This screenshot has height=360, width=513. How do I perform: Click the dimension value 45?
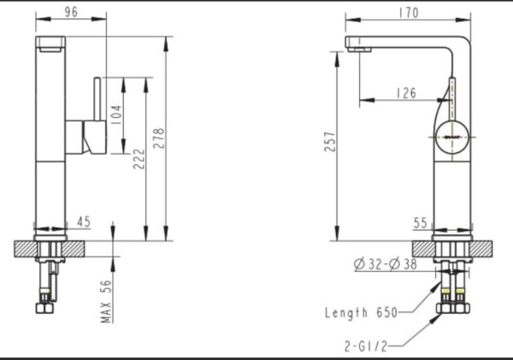click(x=84, y=222)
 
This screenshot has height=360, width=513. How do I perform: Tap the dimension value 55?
click(x=420, y=222)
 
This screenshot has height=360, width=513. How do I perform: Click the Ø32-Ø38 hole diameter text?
click(x=384, y=264)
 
